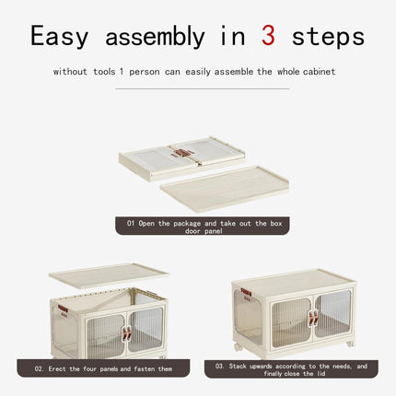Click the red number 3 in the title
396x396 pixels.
click(x=268, y=36)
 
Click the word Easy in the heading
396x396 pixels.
click(x=59, y=37)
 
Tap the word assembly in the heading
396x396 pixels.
click(x=155, y=37)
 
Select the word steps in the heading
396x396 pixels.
click(x=328, y=38)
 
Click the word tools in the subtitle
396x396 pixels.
click(x=104, y=72)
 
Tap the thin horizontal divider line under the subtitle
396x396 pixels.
click(x=203, y=88)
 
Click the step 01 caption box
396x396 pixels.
click(x=203, y=226)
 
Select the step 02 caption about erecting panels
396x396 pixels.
click(x=103, y=368)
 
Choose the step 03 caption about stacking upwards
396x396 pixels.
click(x=291, y=369)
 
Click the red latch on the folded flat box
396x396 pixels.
click(x=183, y=153)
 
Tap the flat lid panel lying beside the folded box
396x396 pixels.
click(x=225, y=188)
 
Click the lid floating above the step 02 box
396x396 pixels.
click(x=109, y=275)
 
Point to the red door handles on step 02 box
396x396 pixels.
click(x=126, y=333)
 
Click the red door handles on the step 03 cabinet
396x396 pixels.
click(x=313, y=318)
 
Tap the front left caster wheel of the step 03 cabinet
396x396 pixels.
click(x=238, y=347)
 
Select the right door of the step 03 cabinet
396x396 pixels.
click(x=332, y=314)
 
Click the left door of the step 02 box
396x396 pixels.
click(x=106, y=336)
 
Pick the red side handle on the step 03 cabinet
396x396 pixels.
click(x=246, y=292)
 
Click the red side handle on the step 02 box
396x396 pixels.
click(x=63, y=309)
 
